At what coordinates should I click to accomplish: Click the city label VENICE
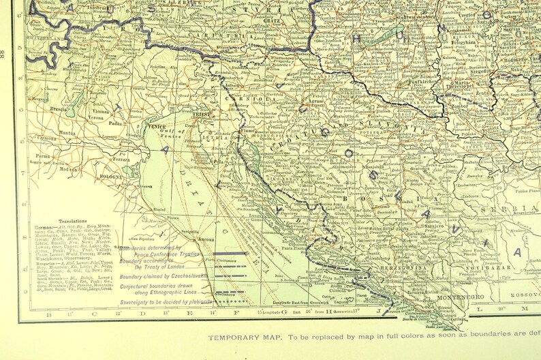coord(155,125)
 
